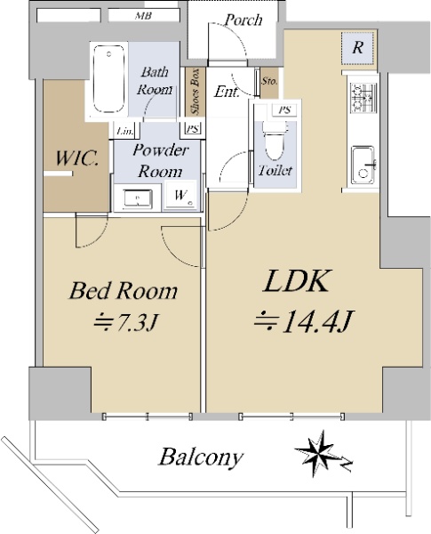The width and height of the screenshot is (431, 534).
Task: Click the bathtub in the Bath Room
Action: coord(108,79)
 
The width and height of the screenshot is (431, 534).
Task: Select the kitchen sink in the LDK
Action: coord(363,166)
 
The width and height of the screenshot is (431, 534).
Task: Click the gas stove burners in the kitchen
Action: coord(363,97)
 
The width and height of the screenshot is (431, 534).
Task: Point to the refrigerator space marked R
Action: coord(358,48)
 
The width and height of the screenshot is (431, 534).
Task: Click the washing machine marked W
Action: coord(180,195)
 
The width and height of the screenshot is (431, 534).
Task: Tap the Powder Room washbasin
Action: coord(138,198)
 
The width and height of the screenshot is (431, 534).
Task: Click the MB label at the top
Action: coord(143,16)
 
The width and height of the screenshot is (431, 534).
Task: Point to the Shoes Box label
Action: coord(195,92)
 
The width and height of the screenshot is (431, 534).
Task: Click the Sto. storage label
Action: coord(269,81)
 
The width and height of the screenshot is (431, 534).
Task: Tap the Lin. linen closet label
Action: coord(124,131)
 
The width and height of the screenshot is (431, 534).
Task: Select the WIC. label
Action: coord(77,158)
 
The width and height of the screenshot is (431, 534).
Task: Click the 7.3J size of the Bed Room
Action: coord(127,322)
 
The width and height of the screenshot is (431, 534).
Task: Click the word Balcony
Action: coord(202,457)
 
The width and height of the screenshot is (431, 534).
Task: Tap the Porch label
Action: coord(243,20)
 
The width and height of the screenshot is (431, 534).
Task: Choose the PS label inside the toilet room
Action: coord(284,110)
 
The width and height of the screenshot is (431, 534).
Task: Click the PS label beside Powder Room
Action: coord(193,129)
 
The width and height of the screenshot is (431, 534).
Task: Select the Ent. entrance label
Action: coord(227,92)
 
